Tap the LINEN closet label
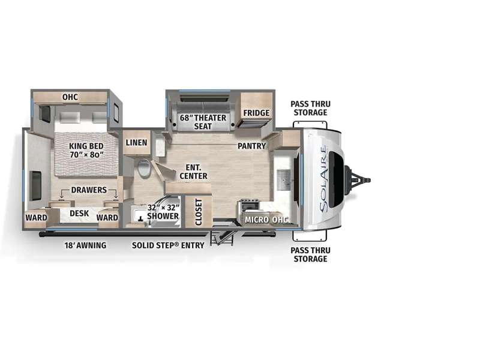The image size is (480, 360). click(137, 142)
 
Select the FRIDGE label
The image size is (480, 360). click(256, 113)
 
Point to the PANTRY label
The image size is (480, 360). click(251, 146)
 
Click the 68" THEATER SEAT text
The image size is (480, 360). click(203, 122)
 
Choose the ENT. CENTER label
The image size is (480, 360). click(193, 172)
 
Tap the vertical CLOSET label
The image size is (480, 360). click(199, 212)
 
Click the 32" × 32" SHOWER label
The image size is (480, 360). click(163, 212)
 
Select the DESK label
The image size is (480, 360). click(79, 213)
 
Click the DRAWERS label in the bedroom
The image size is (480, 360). click(89, 190)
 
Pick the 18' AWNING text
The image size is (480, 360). click(85, 245)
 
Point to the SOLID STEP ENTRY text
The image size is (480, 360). click(168, 245)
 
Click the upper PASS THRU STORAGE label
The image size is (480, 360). click(310, 108)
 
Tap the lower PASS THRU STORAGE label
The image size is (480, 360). click(310, 254)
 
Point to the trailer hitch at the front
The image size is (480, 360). click(358, 180)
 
